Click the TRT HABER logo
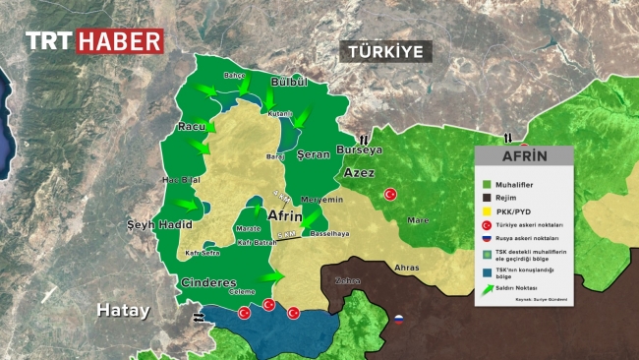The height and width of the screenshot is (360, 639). coord(93,41)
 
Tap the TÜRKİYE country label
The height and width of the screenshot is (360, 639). coord(386,51)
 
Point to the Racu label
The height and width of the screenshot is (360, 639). coord(190,128)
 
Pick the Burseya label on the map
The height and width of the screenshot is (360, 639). coord(359,150)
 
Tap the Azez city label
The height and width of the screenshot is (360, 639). coord(358,172)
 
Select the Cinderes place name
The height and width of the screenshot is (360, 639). coord(207,282)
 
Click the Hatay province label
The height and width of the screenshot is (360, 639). coord(123,310)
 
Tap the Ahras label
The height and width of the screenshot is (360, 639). coord(406,268)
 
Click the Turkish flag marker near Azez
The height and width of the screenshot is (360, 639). coord(390,195)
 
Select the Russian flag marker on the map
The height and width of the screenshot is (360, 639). coord(400,319)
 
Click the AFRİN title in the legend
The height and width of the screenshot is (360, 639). coord(525,157)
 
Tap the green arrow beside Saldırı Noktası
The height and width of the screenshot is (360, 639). coord(485,288)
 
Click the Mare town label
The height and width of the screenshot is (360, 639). coord(419,219)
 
